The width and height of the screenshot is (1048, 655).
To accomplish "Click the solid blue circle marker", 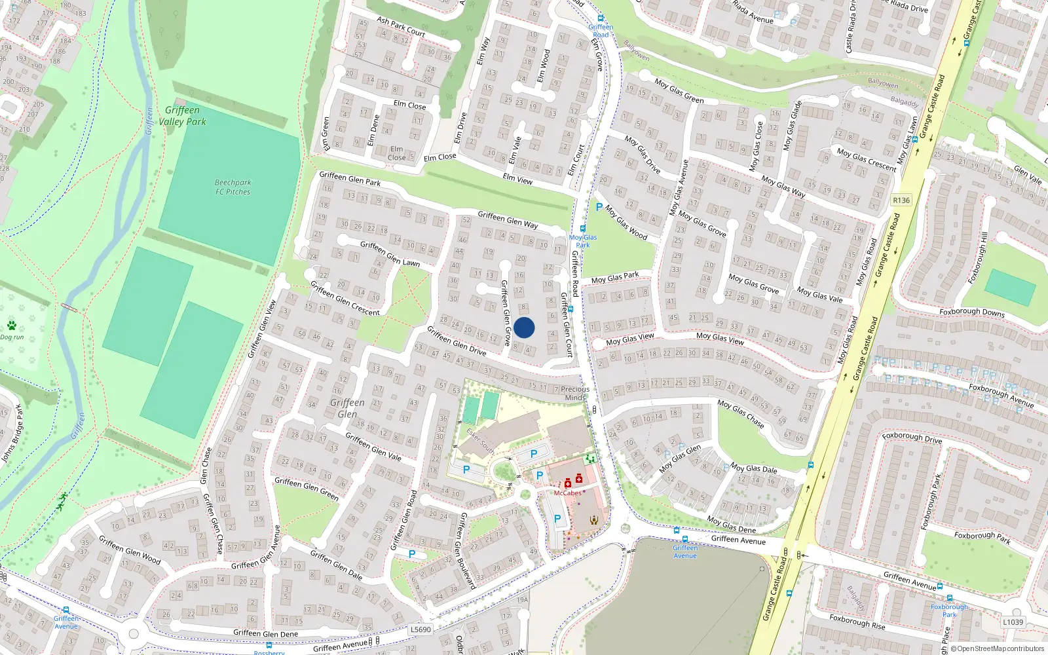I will (524, 327).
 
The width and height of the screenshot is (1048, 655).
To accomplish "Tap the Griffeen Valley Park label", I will (182, 116).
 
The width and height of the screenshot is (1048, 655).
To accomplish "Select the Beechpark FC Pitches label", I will (233, 187).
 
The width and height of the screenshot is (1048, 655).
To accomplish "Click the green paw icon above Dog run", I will (12, 326).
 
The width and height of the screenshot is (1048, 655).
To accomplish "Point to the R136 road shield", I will (901, 200).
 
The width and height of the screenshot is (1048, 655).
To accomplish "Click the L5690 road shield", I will (421, 629).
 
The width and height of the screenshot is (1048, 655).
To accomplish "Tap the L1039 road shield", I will (1013, 622).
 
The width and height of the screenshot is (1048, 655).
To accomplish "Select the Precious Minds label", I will (575, 393).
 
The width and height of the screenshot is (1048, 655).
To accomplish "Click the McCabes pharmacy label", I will (567, 493).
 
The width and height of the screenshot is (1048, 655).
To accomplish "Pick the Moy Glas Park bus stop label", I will (582, 241).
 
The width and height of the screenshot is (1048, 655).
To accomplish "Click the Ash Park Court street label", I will (401, 26).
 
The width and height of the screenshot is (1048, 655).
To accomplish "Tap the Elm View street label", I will (517, 179).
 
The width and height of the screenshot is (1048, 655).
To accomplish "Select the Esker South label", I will (480, 442).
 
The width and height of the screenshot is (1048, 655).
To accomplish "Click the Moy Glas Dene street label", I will (732, 525).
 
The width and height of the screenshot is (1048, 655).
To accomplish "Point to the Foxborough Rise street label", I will (857, 622).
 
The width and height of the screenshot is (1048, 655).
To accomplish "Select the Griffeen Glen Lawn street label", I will (390, 253).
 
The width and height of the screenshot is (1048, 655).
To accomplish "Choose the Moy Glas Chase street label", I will (741, 414).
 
